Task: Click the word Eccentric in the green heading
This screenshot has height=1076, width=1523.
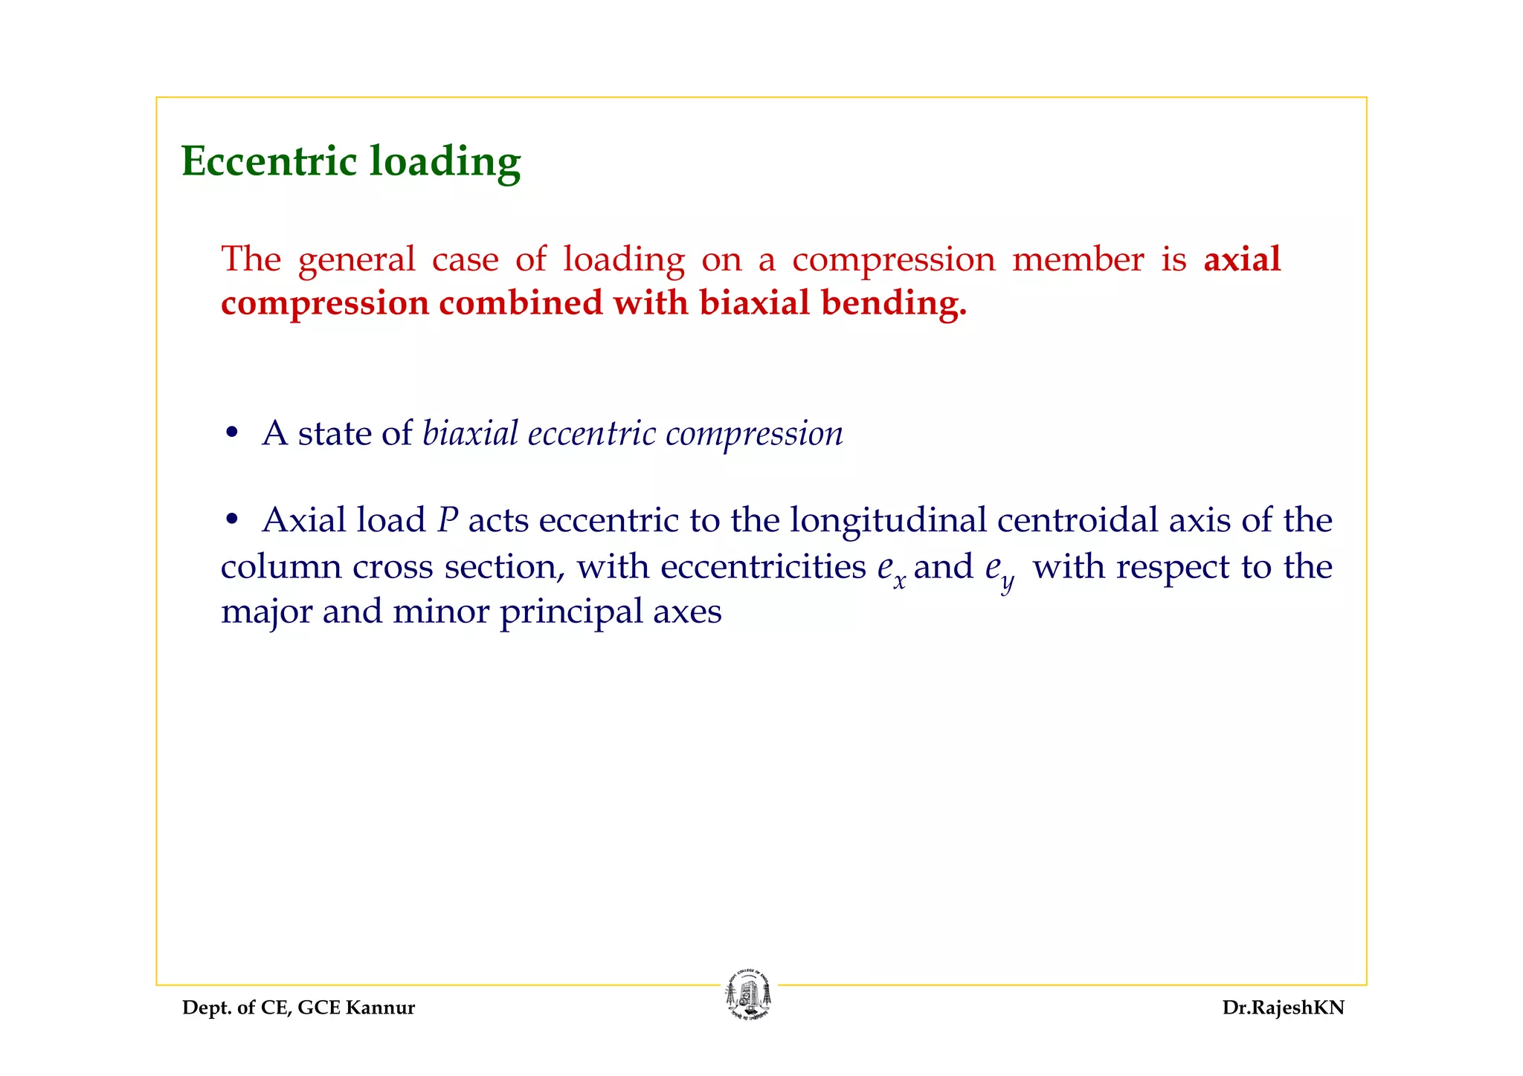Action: [x=269, y=161]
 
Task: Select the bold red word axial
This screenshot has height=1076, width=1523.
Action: [x=1242, y=259]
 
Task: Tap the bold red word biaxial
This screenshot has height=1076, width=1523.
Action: [x=754, y=303]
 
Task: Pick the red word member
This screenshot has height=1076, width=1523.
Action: [x=1078, y=259]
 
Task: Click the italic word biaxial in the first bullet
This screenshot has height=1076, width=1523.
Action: [x=470, y=433]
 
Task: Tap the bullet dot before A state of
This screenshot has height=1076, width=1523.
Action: [x=232, y=433]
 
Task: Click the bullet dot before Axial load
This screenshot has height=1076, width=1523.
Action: [x=232, y=520]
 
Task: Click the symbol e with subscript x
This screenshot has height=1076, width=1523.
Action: [x=891, y=569]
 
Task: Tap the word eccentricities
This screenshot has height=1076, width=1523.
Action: [x=763, y=567]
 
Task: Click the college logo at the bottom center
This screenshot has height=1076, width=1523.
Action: [x=749, y=995]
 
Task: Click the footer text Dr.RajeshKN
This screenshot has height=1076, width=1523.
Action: [x=1283, y=1008]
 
